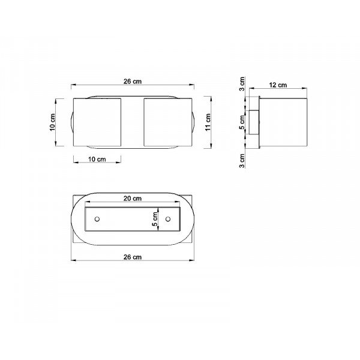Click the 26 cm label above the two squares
[133, 81]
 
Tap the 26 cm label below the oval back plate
[133, 257]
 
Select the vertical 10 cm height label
[53, 122]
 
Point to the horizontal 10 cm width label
[97, 159]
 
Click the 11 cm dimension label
[208, 122]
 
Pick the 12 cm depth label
[278, 85]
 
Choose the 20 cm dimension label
[133, 199]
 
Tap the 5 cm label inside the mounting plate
[155, 219]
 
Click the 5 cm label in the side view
[242, 122]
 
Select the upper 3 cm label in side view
[242, 84]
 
